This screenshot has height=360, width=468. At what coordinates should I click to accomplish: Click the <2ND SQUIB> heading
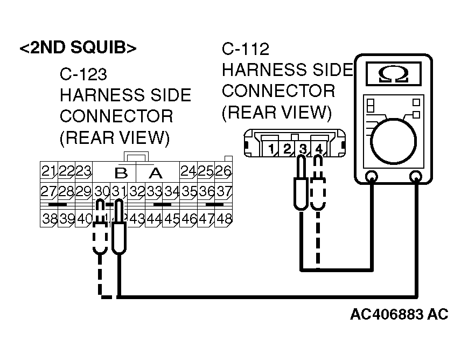(x=78, y=47)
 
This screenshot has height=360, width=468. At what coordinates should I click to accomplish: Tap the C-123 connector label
(x=83, y=74)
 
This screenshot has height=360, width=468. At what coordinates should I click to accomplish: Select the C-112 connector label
(x=245, y=50)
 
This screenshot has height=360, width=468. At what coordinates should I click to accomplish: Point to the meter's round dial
(x=394, y=141)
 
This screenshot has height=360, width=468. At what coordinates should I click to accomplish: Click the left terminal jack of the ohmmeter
(x=371, y=176)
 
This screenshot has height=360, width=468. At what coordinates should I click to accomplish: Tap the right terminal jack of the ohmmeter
(x=416, y=176)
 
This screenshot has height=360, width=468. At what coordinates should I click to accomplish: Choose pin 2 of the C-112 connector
(x=287, y=148)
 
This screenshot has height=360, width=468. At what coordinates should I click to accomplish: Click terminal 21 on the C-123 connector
(x=49, y=171)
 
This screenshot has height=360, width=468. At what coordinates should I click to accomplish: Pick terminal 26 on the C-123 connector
(x=223, y=171)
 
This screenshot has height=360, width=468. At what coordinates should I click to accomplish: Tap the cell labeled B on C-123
(x=121, y=173)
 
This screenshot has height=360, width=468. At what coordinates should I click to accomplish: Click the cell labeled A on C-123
(x=156, y=173)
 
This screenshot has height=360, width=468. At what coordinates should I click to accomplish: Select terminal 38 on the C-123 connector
(x=49, y=218)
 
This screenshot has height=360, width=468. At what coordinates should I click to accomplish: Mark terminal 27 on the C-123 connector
(x=49, y=191)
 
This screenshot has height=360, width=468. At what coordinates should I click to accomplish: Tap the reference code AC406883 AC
(x=399, y=315)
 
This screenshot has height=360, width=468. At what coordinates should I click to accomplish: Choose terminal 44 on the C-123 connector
(x=154, y=218)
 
